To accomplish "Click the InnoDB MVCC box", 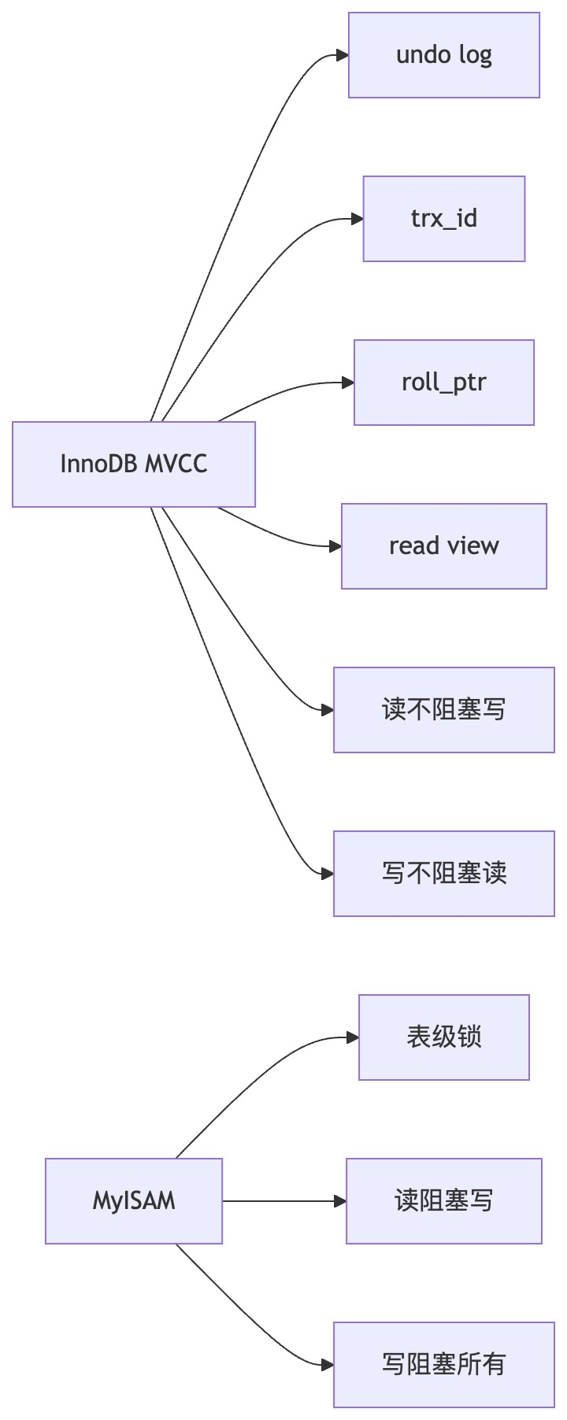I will click(134, 464).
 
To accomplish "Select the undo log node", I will click(443, 55).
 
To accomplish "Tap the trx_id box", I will click(443, 219).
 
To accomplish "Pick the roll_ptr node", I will click(443, 383).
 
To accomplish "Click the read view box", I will click(443, 546).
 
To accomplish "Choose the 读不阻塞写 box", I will click(443, 710).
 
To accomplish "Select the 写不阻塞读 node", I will click(443, 874).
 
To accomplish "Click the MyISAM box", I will click(134, 1201).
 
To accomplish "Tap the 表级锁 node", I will click(443, 1037).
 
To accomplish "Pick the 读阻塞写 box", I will click(443, 1201).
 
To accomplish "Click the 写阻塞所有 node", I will click(443, 1365).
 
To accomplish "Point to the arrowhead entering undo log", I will click(343, 55).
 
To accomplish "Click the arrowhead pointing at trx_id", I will click(357, 219).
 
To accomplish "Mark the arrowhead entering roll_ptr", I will click(348, 383).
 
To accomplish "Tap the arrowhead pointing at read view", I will click(335, 546).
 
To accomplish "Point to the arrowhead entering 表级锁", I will click(353, 1037).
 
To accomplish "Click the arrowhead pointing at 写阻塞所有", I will click(328, 1365).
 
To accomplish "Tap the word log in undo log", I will click(476, 56).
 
